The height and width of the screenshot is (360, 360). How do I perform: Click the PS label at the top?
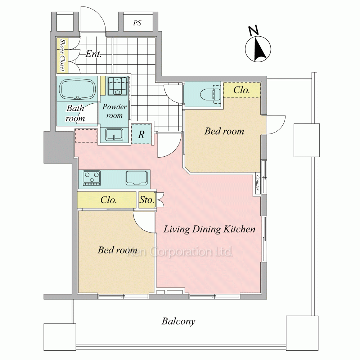pyautogui.click(x=137, y=23)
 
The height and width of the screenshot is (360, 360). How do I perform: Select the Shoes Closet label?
pyautogui.click(x=62, y=55)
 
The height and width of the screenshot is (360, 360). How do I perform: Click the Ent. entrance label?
pyautogui.click(x=94, y=54)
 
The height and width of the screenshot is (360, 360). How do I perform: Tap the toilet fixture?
pyautogui.click(x=210, y=94)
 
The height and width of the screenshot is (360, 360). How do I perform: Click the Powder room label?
pyautogui.click(x=114, y=111)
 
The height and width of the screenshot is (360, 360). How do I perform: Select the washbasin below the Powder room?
pyautogui.click(x=114, y=135)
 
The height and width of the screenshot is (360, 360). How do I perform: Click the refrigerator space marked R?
pyautogui.click(x=141, y=135)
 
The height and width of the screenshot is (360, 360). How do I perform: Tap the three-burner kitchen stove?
pyautogui.click(x=92, y=178)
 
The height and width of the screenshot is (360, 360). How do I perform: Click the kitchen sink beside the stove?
pyautogui.click(x=136, y=178)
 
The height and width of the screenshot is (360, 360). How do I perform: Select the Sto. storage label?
pyautogui.click(x=147, y=200)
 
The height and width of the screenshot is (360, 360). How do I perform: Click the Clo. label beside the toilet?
pyautogui.click(x=242, y=90)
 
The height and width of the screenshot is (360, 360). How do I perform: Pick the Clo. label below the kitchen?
pyautogui.click(x=109, y=200)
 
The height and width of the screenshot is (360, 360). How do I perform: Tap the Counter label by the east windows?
pyautogui.click(x=257, y=183)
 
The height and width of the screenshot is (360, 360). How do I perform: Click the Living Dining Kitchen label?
pyautogui.click(x=210, y=229)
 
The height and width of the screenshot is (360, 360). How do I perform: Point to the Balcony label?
pyautogui.click(x=179, y=321)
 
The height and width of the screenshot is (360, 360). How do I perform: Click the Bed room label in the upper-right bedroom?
pyautogui.click(x=224, y=131)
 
